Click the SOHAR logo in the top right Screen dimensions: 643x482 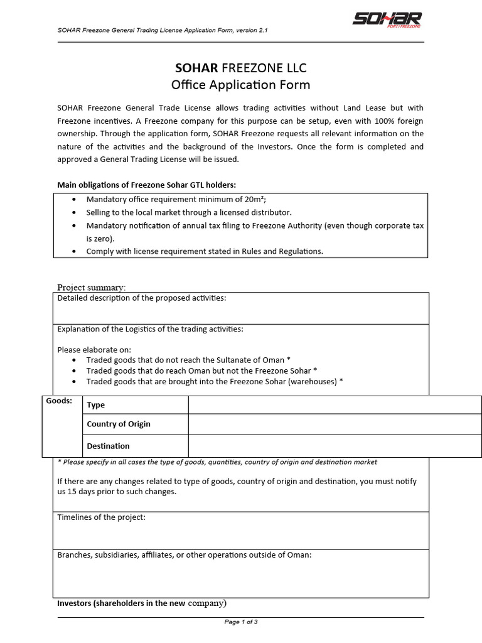[x=387, y=21]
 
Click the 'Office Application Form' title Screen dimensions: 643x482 [x=240, y=84]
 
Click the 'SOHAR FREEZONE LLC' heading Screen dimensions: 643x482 [x=240, y=68]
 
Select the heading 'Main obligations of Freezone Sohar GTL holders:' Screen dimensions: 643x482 [x=147, y=185]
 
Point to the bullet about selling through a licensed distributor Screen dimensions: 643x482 [x=188, y=213]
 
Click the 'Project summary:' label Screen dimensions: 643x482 [x=92, y=287]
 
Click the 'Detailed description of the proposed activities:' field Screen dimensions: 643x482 [x=142, y=298]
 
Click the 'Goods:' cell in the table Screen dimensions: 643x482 [x=60, y=401]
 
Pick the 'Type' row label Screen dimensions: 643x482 [x=95, y=405]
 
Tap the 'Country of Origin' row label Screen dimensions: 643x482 [x=119, y=424]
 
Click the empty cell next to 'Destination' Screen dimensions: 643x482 [x=335, y=446]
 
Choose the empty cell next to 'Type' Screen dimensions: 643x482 [x=335, y=405]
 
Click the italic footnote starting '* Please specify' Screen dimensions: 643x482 [x=217, y=462]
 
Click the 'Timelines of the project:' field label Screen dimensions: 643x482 [x=101, y=517]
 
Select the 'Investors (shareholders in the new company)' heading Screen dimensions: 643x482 [x=142, y=603]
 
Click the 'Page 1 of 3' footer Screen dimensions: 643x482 [x=241, y=622]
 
